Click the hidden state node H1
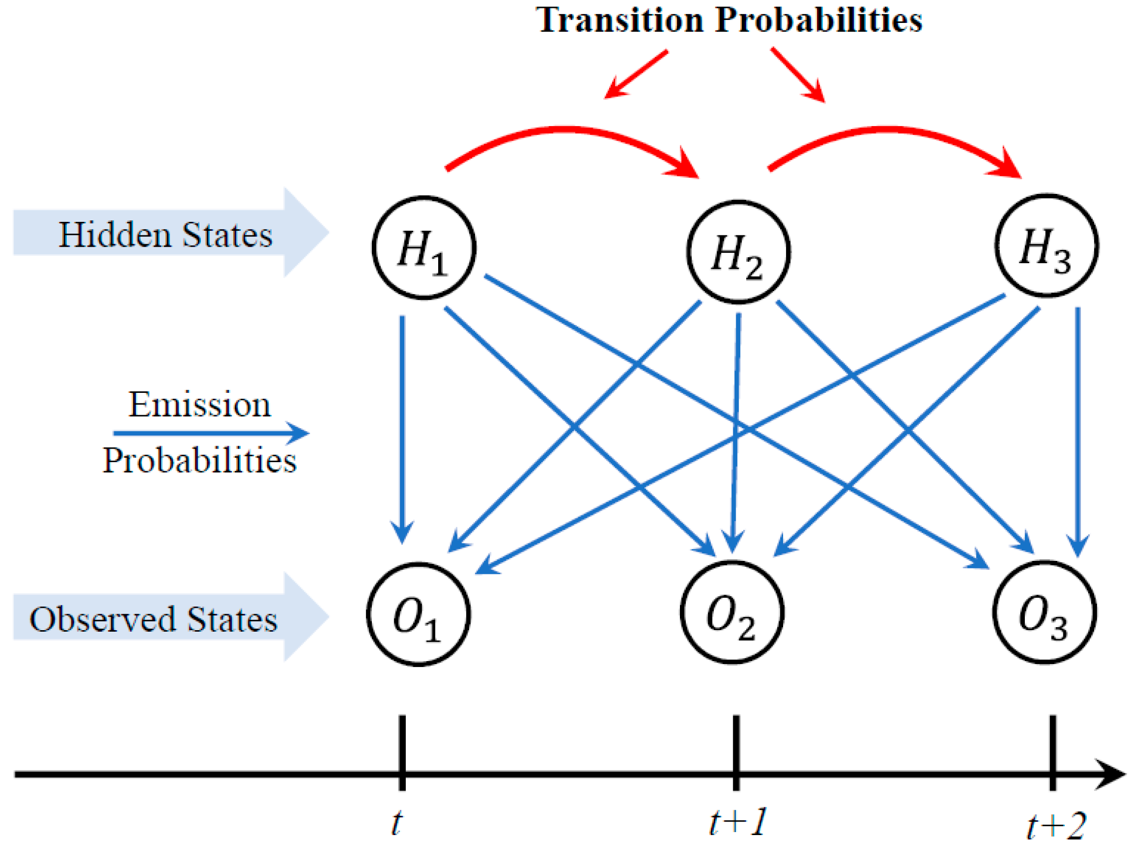coord(424,248)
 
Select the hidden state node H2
coord(738,251)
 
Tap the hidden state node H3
coord(1046,246)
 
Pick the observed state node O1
coord(418,615)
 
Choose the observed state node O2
coord(732,612)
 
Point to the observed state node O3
coord(1044,612)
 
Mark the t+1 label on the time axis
coord(738,823)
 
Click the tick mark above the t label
coord(402,753)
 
